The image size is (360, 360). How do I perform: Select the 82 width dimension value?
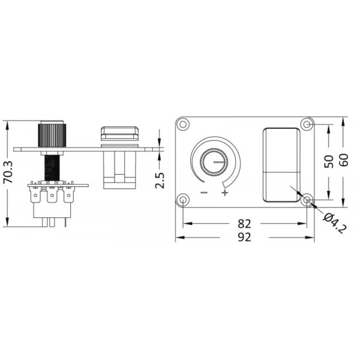pos(244,223)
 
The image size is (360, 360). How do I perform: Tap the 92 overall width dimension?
pos(244,237)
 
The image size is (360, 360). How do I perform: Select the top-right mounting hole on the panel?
pos(307,125)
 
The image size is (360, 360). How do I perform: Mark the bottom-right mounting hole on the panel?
pos(307,200)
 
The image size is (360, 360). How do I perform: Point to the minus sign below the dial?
pos(204,193)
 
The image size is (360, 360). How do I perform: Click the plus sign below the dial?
pos(225,193)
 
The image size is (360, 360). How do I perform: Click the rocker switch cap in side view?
pos(119,133)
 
